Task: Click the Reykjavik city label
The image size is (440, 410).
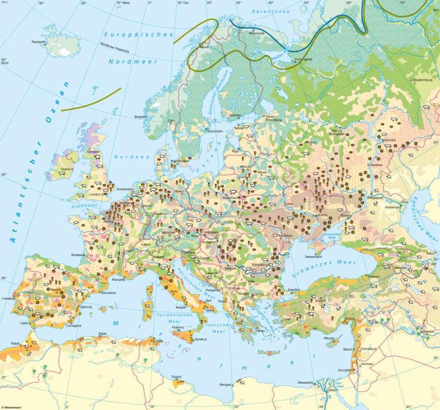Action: (39, 42)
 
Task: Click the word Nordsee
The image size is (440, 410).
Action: (126, 157)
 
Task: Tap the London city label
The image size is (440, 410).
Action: (95, 194)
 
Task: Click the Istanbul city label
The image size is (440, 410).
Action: (293, 290)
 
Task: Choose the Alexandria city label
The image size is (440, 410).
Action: (306, 382)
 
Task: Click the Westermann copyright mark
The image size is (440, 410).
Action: (11, 407)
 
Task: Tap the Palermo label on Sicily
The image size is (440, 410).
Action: (178, 327)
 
